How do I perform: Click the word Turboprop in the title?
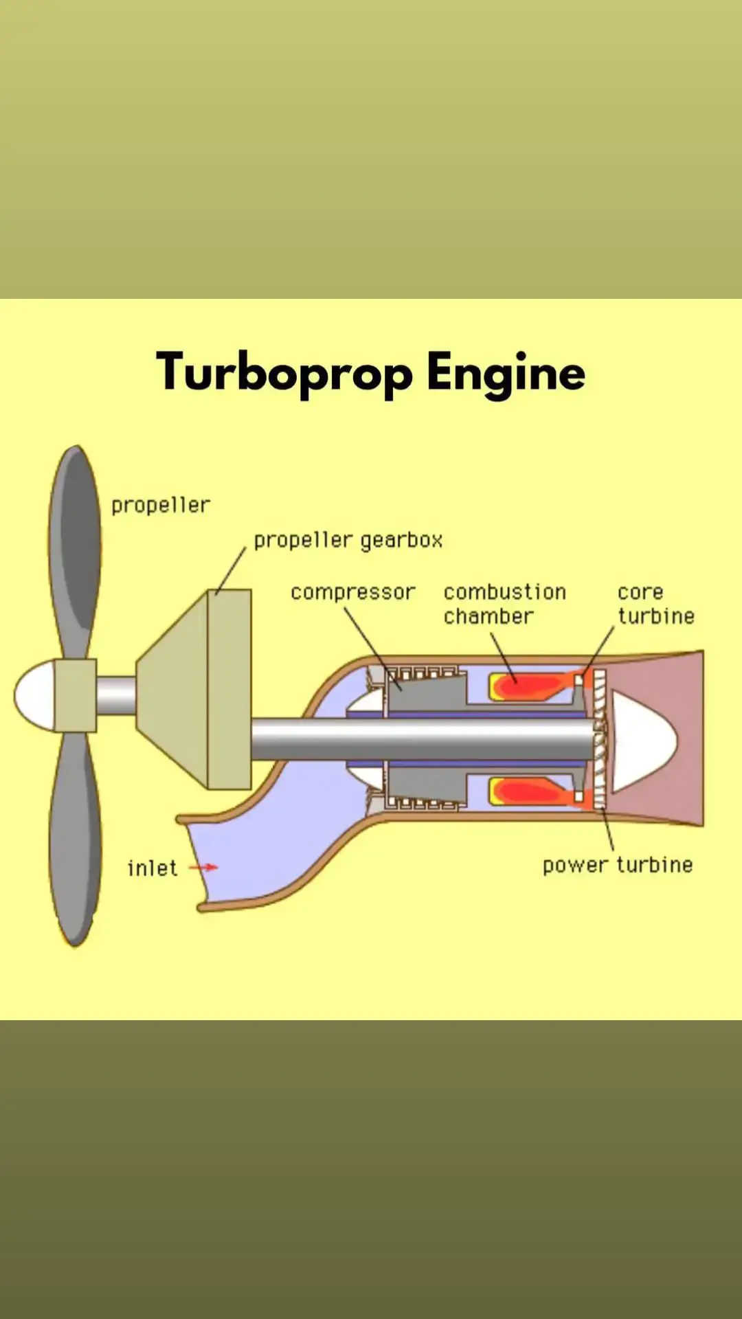tap(284, 373)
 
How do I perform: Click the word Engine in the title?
tap(505, 373)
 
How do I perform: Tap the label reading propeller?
tap(161, 506)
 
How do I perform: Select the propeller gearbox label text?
tap(348, 541)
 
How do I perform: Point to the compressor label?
tap(352, 592)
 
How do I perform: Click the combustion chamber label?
tap(504, 604)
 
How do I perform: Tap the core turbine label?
tap(655, 604)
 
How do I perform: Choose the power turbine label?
tap(617, 865)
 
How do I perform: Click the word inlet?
tap(153, 868)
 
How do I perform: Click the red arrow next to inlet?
tap(203, 868)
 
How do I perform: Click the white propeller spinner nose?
tap(34, 695)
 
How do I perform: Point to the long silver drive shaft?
tap(419, 739)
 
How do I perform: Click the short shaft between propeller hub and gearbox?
tap(115, 695)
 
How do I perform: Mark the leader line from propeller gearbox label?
tap(231, 571)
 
